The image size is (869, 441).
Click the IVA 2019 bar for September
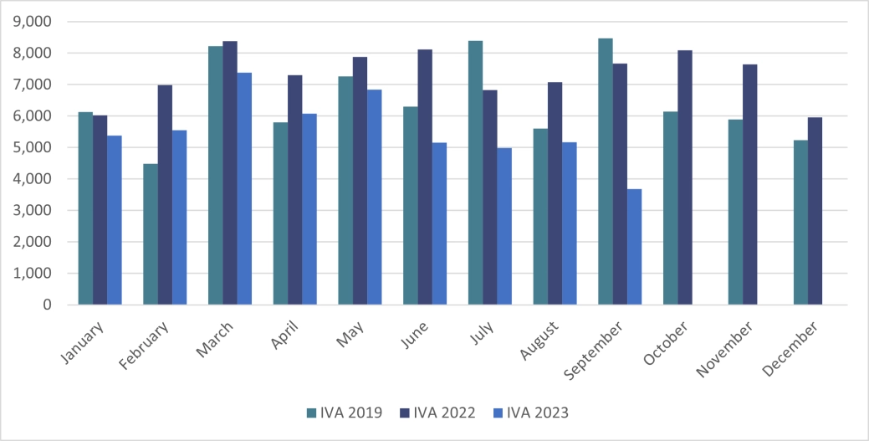coord(606,172)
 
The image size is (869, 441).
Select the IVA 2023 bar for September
coord(634,247)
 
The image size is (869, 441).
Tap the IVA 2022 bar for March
coord(230,173)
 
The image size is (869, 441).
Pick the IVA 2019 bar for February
coord(151,234)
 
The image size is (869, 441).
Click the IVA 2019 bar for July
coord(475,172)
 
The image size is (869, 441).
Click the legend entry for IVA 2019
coord(345,413)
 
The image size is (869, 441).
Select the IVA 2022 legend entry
coord(439,413)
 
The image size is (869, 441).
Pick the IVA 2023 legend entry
coord(533,413)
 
